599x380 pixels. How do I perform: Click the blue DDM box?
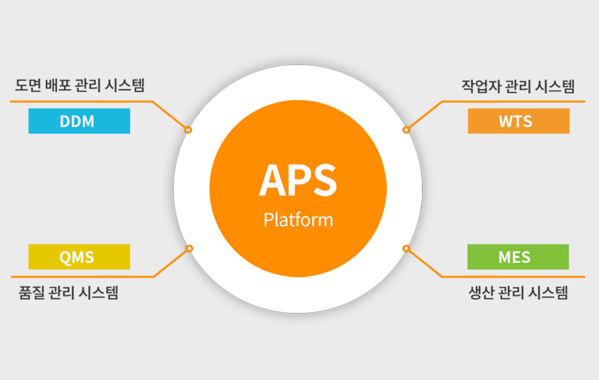[79, 121]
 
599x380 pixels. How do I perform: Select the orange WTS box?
[518, 121]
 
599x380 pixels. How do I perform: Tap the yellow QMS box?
[79, 257]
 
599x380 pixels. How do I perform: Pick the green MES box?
[518, 257]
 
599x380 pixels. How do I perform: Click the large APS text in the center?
[298, 180]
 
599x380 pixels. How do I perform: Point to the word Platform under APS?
[298, 220]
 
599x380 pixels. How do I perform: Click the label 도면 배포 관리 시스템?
[80, 85]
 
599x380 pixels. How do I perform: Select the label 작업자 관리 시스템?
[518, 87]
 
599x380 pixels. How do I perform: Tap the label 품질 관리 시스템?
[68, 293]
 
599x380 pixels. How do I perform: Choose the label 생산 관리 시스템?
[518, 293]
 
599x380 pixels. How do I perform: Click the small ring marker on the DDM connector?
[188, 130]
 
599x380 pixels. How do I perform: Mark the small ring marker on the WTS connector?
[407, 130]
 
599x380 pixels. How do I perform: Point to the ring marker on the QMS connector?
[189, 249]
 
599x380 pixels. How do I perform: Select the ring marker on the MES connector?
[407, 249]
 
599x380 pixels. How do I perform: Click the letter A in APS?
[273, 180]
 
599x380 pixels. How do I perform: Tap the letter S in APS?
[325, 180]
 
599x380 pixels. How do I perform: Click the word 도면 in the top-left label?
[28, 85]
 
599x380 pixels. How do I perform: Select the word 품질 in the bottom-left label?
[32, 293]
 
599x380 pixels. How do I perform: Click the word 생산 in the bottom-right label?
[482, 293]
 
